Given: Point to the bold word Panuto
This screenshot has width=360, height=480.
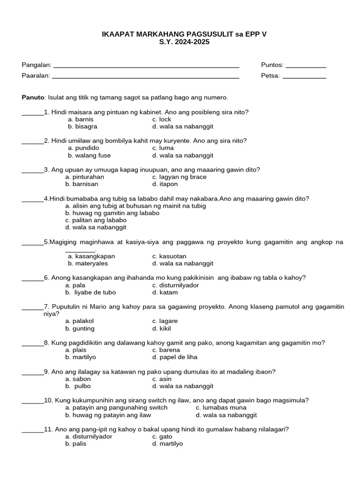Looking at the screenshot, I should coord(33,97).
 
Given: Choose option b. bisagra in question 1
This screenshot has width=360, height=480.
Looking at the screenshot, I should coord(82,127).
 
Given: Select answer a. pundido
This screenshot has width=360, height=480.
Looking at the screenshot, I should coord(83,148).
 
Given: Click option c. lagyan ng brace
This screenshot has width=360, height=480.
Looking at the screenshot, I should coord(179,177).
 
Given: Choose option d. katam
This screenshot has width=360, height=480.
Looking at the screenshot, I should coord(165,292).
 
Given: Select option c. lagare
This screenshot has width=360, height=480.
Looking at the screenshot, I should coord(165,321).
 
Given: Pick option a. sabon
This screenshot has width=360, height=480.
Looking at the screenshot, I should coord(78,379).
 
